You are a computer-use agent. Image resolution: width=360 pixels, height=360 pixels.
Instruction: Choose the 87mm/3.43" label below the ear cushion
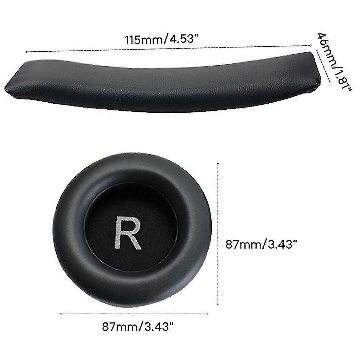(x=138, y=326)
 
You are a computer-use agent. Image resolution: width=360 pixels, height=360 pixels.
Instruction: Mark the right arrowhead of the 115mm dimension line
(x=310, y=45)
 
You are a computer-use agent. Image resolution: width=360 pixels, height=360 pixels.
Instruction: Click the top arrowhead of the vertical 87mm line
(x=218, y=163)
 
